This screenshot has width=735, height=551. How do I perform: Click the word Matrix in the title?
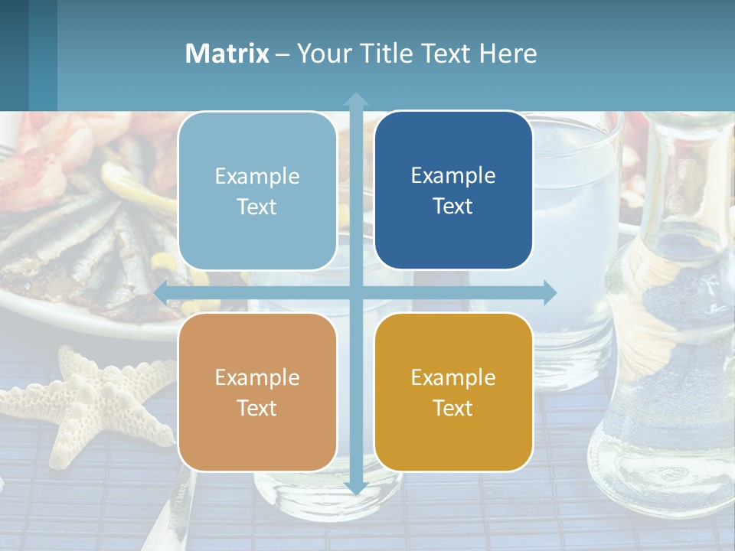[227, 54]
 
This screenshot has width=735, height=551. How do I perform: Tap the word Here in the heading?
[508, 54]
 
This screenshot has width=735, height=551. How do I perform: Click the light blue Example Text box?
[257, 191]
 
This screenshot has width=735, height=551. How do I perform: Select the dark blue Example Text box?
[453, 190]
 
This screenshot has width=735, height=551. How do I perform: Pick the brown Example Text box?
[257, 392]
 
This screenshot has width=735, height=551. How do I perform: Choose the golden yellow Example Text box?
[453, 392]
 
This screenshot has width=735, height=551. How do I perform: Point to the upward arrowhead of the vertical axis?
[356, 99]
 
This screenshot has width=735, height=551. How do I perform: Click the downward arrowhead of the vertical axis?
[356, 487]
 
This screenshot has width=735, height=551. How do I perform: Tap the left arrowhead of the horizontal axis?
[162, 292]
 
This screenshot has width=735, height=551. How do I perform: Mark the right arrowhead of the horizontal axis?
[550, 292]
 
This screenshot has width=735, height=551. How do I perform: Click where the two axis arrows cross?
[356, 292]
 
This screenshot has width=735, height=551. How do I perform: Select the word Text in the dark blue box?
[453, 206]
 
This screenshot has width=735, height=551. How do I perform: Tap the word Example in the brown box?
[257, 377]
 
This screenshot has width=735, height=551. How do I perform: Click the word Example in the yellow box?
[453, 377]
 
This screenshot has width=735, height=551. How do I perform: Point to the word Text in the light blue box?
[257, 207]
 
